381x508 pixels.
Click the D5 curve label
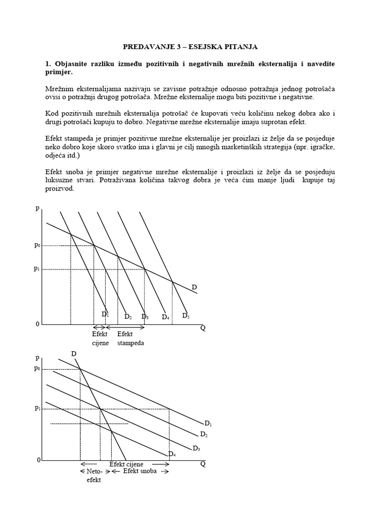tap(186, 315)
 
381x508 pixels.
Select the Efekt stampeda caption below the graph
tap(130, 339)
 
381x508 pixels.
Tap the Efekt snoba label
tap(140, 471)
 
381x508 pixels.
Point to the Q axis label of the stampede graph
tap(203, 328)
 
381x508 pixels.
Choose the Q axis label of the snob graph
tap(203, 463)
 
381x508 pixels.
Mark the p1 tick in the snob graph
tap(37, 408)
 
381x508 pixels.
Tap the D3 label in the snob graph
tap(196, 448)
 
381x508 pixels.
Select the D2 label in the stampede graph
tap(127, 317)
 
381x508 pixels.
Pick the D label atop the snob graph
tap(74, 353)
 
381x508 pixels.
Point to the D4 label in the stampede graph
tap(165, 317)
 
